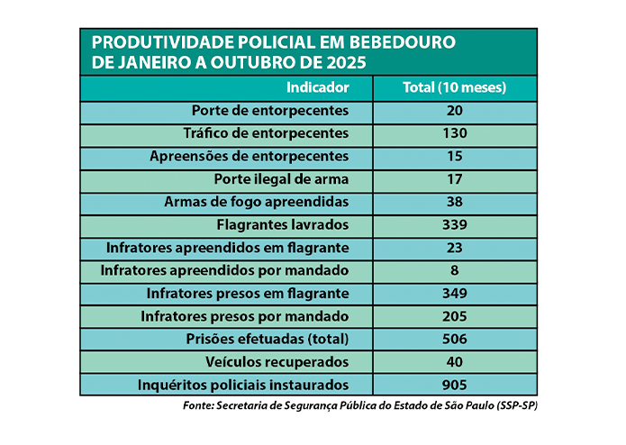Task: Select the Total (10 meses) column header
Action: pos(454,88)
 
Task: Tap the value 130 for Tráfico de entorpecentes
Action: pos(455,133)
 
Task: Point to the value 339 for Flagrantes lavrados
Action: pos(455,224)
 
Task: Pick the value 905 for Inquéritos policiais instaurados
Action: pos(455,385)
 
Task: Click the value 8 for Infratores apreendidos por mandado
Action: pos(455,270)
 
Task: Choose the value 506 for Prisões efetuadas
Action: pos(455,339)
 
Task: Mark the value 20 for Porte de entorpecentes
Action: pos(455,111)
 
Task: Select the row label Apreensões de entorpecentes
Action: pos(249,156)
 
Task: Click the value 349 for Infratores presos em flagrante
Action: pos(455,294)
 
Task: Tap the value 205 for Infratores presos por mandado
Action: pos(455,316)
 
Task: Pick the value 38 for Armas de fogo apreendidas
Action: pos(455,202)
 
